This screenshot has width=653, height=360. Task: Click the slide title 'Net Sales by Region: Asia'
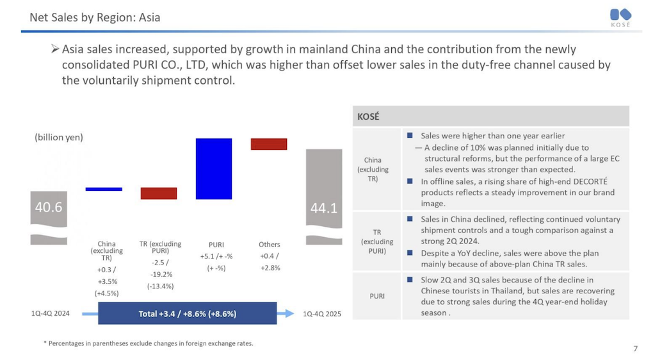95,17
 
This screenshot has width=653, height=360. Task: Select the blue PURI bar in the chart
214,168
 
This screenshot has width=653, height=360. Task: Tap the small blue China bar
104,189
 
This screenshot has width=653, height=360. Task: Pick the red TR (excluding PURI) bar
159,193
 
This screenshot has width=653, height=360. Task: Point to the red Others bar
269,144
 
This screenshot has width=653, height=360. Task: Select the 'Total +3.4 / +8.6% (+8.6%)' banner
188,314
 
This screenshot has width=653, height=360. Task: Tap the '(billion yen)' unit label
59,137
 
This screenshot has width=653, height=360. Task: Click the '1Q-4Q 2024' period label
51,314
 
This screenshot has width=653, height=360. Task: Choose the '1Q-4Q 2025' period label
323,314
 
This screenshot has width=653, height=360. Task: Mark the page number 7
635,348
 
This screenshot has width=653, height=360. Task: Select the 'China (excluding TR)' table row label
372,169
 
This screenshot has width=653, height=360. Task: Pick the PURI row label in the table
376,296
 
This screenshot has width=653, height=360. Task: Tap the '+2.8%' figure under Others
270,268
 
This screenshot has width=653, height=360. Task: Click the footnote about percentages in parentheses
148,343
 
